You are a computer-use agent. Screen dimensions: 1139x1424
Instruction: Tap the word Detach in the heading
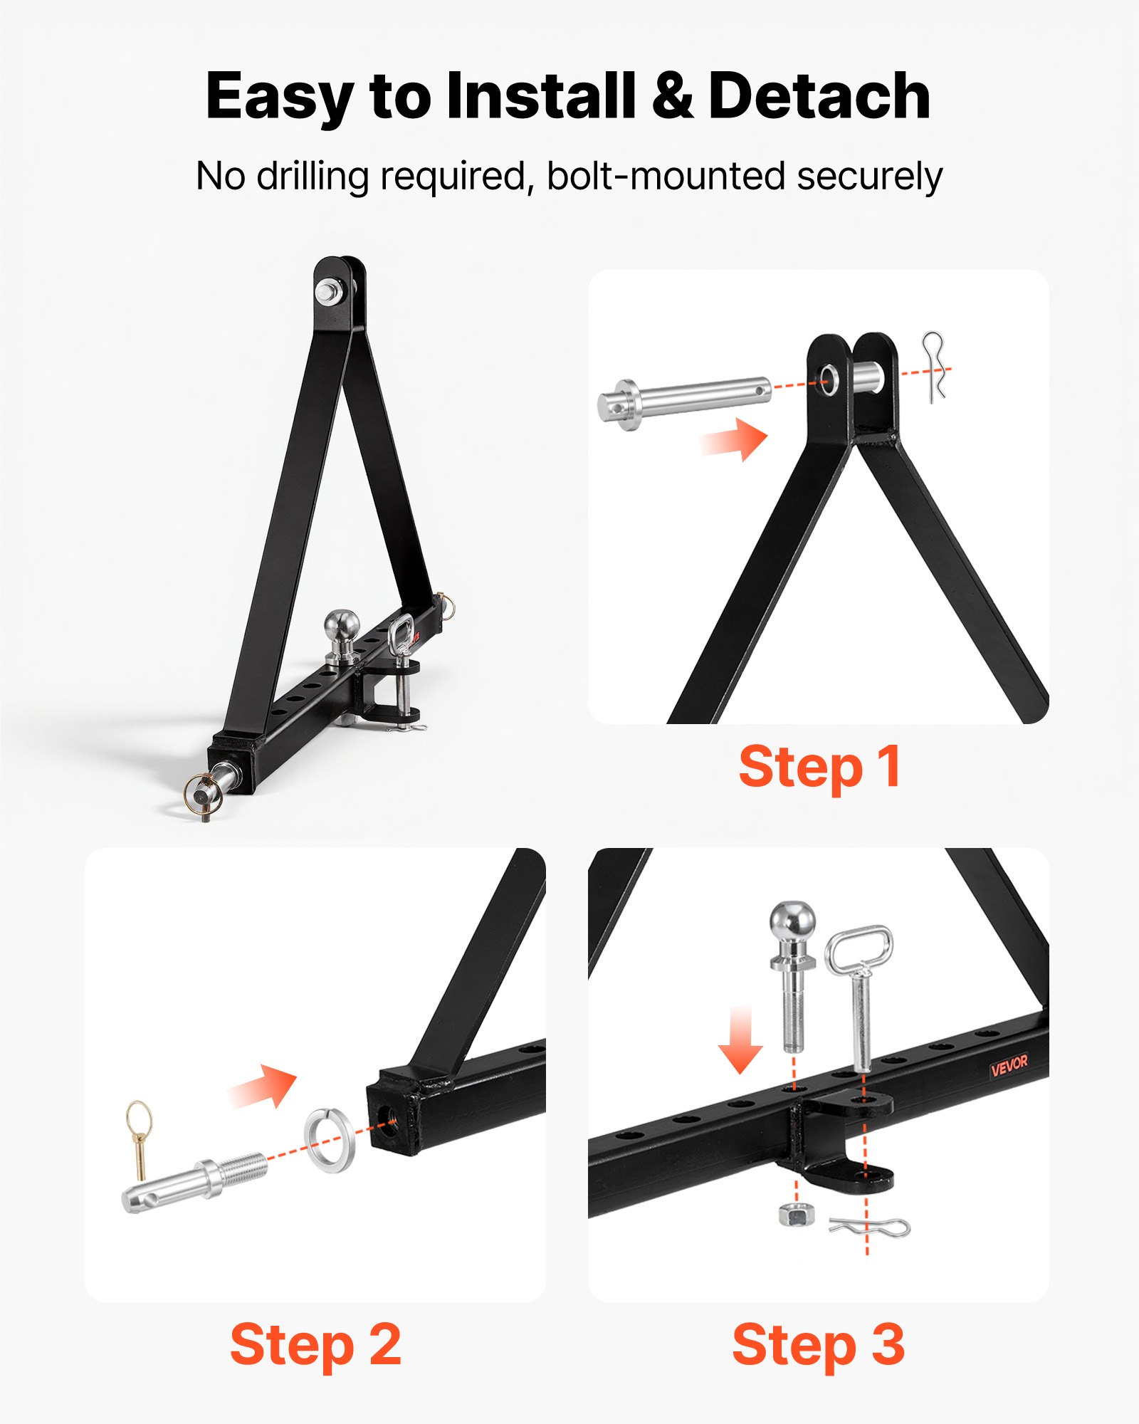coord(819,95)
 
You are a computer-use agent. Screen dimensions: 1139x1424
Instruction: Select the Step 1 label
coord(819,767)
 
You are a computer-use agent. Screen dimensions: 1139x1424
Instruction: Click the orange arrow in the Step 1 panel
coord(735,439)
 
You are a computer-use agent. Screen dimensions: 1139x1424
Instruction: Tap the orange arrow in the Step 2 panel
coord(262,1086)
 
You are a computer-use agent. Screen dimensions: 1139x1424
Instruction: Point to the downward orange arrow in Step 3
coord(740,1040)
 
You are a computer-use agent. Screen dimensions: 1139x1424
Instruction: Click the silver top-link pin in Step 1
coord(683,403)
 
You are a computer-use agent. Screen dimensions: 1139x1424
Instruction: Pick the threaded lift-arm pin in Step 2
coord(194,1183)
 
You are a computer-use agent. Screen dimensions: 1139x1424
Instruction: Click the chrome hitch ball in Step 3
coord(792,976)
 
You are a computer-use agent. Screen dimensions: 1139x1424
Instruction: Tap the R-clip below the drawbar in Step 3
coord(870,1227)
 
